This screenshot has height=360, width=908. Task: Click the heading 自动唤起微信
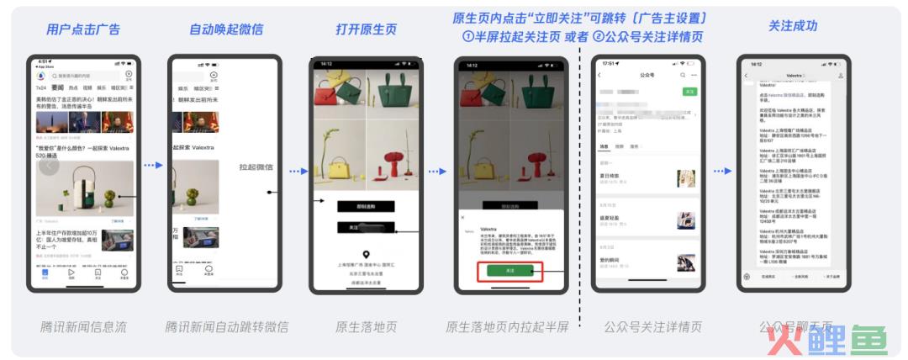(x=226, y=29)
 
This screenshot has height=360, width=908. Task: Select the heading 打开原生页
(x=366, y=29)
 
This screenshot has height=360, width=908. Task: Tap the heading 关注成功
(x=793, y=26)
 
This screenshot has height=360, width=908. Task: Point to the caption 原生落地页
(x=366, y=326)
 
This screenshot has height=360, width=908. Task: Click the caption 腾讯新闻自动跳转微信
(x=226, y=326)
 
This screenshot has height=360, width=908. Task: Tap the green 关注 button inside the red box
(x=510, y=271)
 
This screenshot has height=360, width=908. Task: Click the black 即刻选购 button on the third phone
(x=365, y=206)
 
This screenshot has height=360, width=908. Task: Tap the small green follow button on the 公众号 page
(x=689, y=91)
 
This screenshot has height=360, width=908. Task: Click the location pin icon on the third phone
(x=366, y=255)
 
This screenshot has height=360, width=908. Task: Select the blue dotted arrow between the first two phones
(x=152, y=166)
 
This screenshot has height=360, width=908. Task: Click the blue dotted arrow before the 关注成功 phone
(x=722, y=171)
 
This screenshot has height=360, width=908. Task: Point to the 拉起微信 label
(x=256, y=167)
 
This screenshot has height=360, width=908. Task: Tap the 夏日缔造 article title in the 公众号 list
(x=610, y=176)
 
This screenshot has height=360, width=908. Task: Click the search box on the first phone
(x=87, y=76)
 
